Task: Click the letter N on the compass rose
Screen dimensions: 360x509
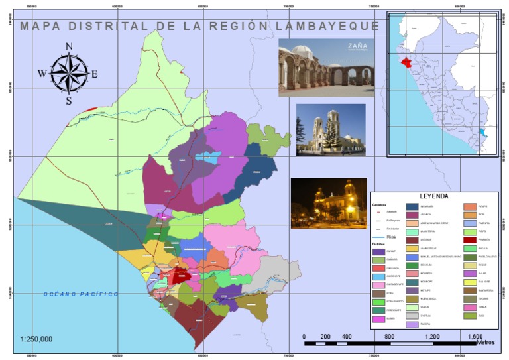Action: [x=69, y=46]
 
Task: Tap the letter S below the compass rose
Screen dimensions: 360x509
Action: [x=68, y=101]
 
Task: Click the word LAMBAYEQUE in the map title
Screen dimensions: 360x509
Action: [x=339, y=26]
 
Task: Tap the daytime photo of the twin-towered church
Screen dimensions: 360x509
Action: [x=330, y=130]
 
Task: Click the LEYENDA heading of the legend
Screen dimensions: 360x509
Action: [x=434, y=196]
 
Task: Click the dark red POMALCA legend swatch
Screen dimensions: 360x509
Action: [x=469, y=240]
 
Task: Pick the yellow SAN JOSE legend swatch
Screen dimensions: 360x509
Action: [x=469, y=281]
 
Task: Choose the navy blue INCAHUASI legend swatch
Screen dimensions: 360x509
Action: [x=412, y=206]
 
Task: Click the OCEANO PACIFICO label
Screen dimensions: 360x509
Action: [x=81, y=294]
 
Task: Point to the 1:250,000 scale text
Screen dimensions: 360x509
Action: [x=36, y=339]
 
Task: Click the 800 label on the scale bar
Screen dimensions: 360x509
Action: [x=389, y=337]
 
